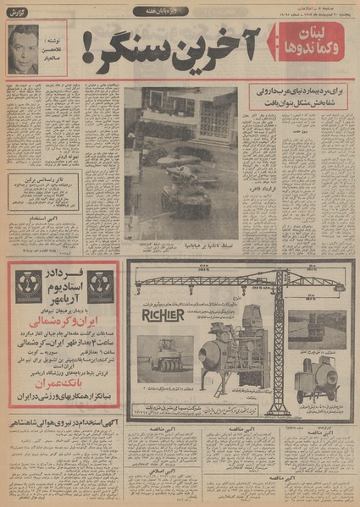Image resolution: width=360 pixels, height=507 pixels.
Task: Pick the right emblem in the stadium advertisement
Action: click(x=102, y=285)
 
